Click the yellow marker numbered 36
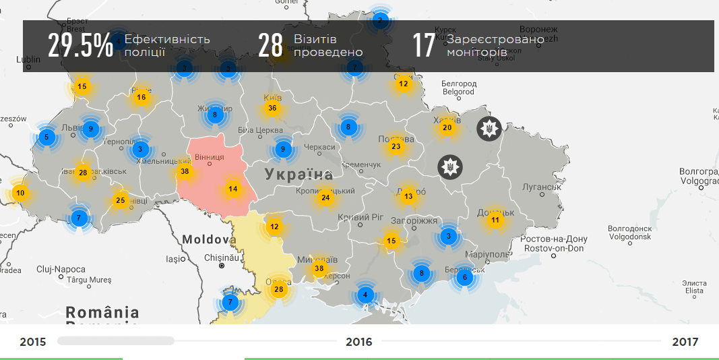pyautogui.click(x=272, y=108)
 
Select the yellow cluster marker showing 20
pyautogui.click(x=447, y=128)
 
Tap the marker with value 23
pyautogui.click(x=396, y=146)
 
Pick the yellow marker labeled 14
pyautogui.click(x=233, y=189)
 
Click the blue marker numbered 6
pyautogui.click(x=463, y=277)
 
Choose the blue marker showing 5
pyautogui.click(x=46, y=138)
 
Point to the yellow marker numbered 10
pyautogui.click(x=20, y=193)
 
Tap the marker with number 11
pyautogui.click(x=495, y=220)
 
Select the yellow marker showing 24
pyautogui.click(x=325, y=198)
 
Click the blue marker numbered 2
pyautogui.click(x=379, y=21)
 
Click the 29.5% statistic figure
pyautogui.click(x=80, y=45)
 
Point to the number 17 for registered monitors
pyautogui.click(x=424, y=45)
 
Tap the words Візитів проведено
pyautogui.click(x=328, y=45)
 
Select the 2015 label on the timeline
pyautogui.click(x=33, y=342)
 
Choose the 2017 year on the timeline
pyautogui.click(x=685, y=342)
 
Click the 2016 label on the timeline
pyautogui.click(x=359, y=342)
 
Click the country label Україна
pyautogui.click(x=299, y=175)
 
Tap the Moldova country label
pyautogui.click(x=209, y=239)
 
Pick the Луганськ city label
pyautogui.click(x=542, y=187)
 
